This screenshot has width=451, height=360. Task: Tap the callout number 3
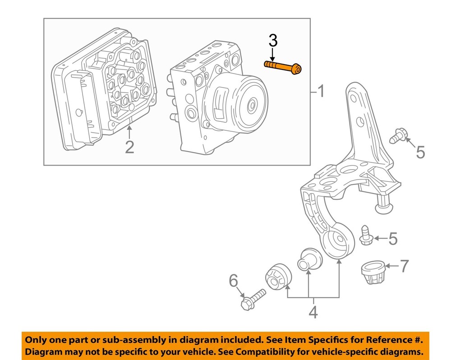(x=273, y=41)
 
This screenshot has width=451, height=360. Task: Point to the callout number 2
(x=129, y=147)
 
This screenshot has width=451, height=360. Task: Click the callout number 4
(x=313, y=312)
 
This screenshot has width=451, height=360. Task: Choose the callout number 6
(x=233, y=282)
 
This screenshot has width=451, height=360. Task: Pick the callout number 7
(x=404, y=266)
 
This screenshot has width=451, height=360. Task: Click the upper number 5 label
(x=420, y=152)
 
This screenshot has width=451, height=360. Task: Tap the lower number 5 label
(x=393, y=238)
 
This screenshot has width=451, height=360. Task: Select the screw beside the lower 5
(x=365, y=235)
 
